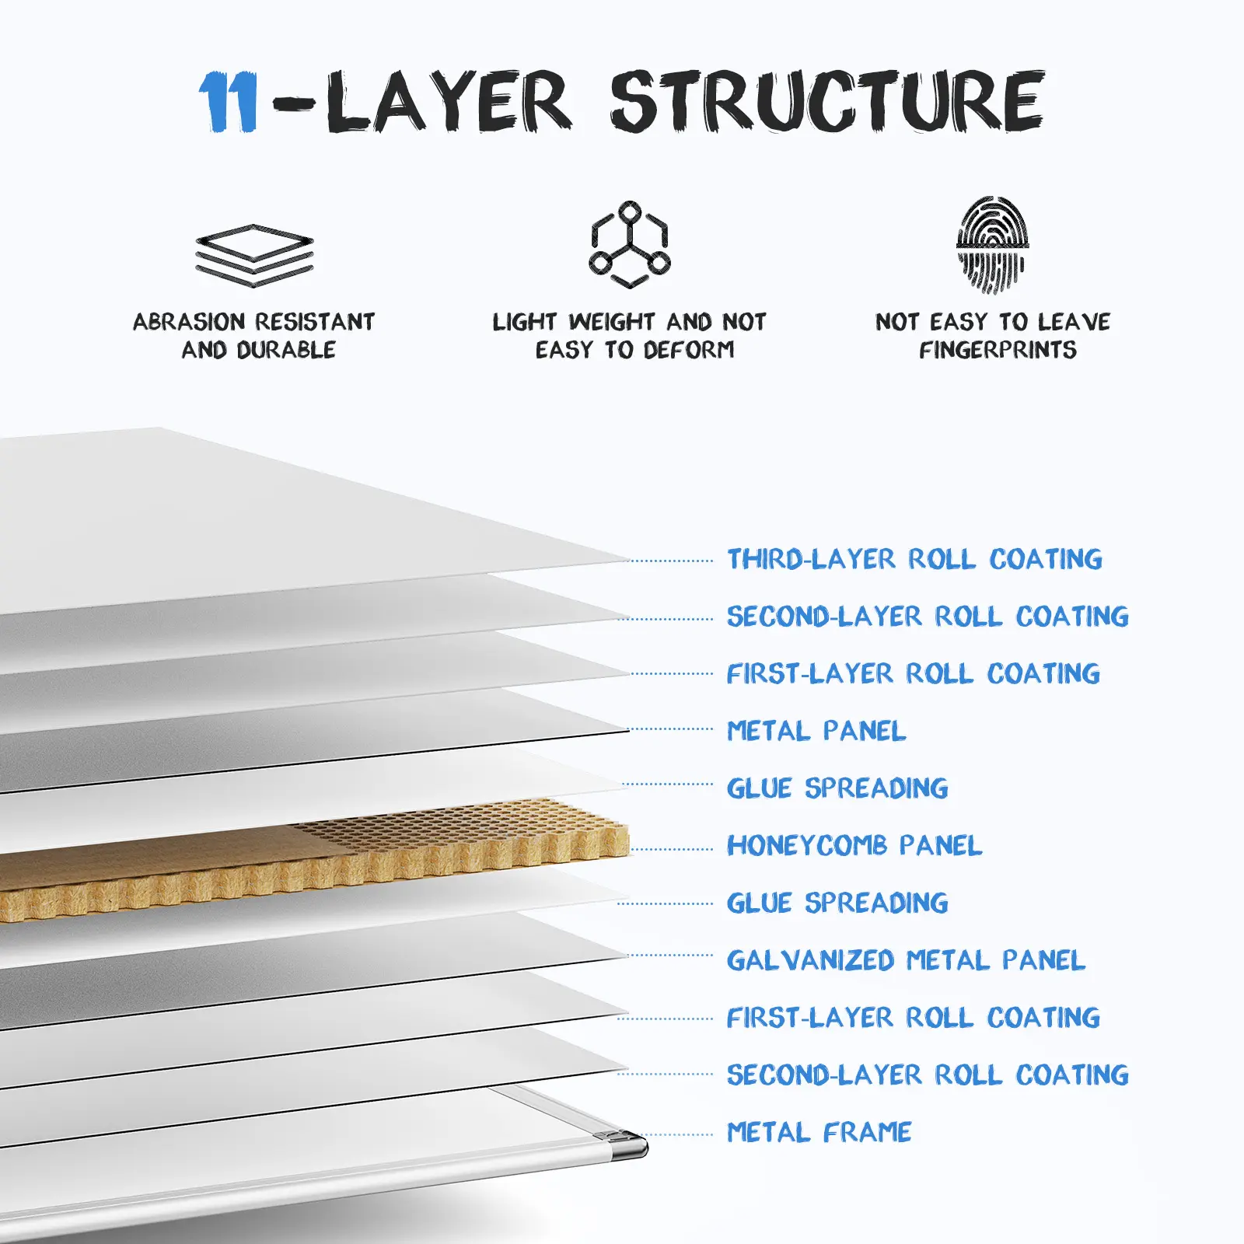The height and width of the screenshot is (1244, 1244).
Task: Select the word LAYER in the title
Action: [x=448, y=102]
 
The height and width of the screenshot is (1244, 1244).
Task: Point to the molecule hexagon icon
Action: [x=629, y=244]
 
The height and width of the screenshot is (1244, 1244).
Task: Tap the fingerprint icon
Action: [x=992, y=244]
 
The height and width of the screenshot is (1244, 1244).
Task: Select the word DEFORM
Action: [x=689, y=351]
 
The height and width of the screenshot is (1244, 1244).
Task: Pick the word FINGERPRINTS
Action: [x=998, y=351]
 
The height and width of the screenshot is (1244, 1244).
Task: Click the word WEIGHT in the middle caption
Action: [x=612, y=322]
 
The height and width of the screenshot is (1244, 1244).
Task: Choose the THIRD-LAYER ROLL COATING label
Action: [x=914, y=559]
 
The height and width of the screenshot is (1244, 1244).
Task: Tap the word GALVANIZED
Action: [x=810, y=960]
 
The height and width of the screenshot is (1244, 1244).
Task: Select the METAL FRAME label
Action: [x=819, y=1132]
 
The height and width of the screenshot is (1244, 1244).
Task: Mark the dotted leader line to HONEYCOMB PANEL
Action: [x=673, y=849]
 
